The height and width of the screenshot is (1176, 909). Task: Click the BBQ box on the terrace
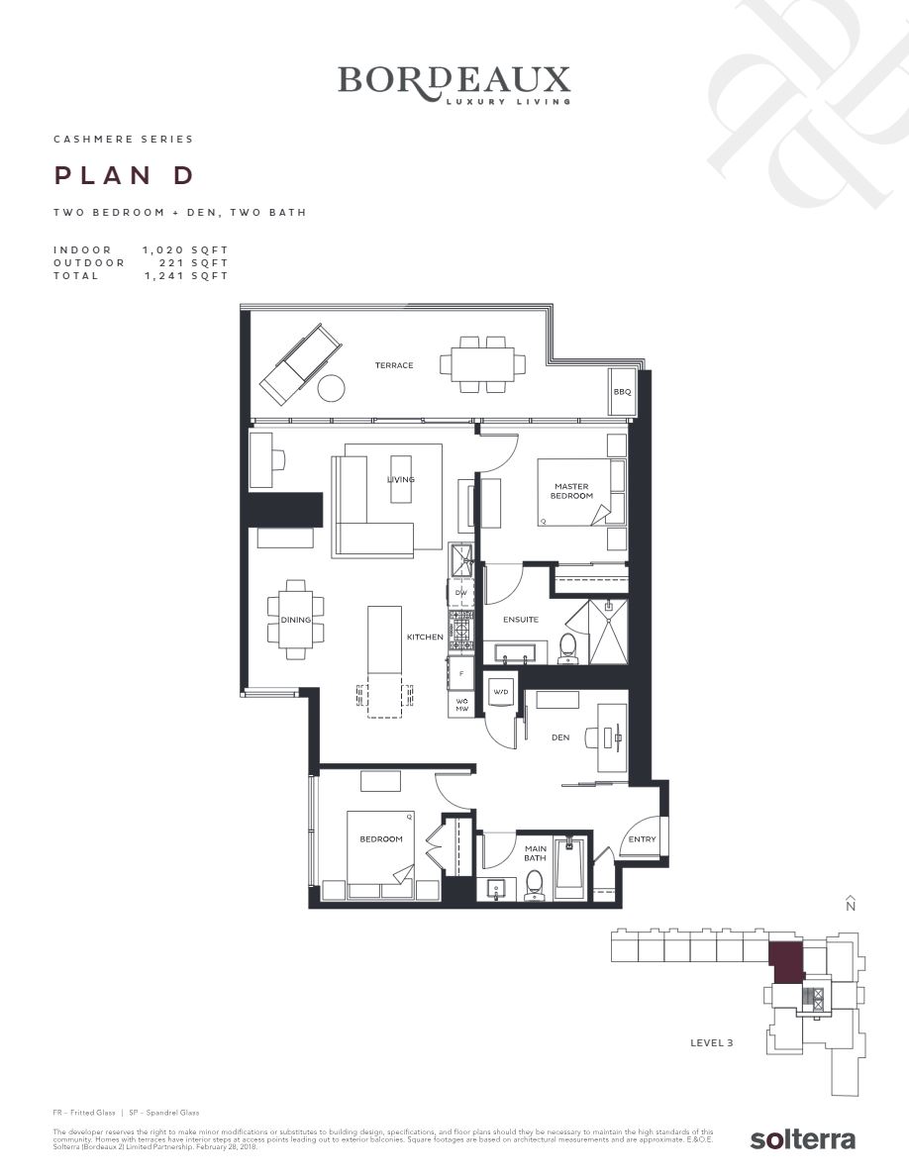tap(622, 392)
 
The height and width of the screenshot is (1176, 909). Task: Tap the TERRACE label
tap(394, 365)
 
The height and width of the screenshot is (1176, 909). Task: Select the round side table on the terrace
tap(331, 388)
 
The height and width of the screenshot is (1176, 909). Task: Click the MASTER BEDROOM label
tap(571, 491)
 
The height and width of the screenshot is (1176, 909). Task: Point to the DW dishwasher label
tap(460, 593)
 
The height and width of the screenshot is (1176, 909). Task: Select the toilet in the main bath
tap(535, 882)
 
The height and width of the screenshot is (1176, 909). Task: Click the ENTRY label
tap(642, 840)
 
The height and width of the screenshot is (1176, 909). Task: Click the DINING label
tap(296, 621)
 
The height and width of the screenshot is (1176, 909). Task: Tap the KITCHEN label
tap(425, 637)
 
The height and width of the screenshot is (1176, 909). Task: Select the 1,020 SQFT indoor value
tap(185, 250)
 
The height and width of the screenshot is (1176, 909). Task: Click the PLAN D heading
tap(124, 176)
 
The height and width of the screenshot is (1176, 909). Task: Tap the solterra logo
tap(802, 1138)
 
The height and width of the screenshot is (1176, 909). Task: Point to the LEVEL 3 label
tap(711, 1042)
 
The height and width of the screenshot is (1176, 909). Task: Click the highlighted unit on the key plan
tap(786, 961)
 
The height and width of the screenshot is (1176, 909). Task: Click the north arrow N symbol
tap(850, 903)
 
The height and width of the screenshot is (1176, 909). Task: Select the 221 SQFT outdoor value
tap(193, 263)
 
